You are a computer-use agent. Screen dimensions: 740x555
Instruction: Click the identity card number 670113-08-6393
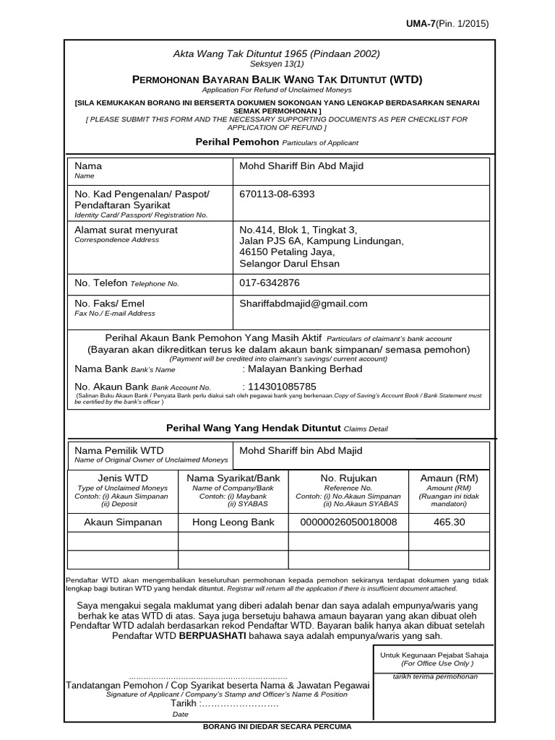(277, 194)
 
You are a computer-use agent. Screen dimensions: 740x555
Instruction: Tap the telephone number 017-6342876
(270, 283)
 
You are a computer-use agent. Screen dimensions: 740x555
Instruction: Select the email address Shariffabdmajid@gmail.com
(304, 304)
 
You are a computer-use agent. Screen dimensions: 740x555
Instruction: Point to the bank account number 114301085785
(283, 386)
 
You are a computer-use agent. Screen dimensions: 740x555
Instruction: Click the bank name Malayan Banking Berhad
(304, 369)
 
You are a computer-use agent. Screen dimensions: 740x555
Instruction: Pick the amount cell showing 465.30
(449, 522)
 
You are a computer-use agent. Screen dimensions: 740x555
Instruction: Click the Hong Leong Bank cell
(233, 522)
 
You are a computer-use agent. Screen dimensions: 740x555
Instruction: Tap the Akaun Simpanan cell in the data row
(123, 522)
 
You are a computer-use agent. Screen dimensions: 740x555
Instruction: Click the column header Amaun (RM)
(449, 478)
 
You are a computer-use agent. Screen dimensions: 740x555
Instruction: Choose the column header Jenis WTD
(123, 478)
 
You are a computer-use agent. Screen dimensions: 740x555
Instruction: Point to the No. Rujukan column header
(349, 478)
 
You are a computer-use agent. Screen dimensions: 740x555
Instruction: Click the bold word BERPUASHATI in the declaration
(212, 636)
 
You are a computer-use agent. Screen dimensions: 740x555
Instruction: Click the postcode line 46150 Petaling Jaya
(287, 252)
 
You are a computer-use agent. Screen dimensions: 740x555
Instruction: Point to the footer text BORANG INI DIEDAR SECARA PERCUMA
(279, 727)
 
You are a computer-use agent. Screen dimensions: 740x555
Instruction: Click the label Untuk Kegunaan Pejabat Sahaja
(434, 655)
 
